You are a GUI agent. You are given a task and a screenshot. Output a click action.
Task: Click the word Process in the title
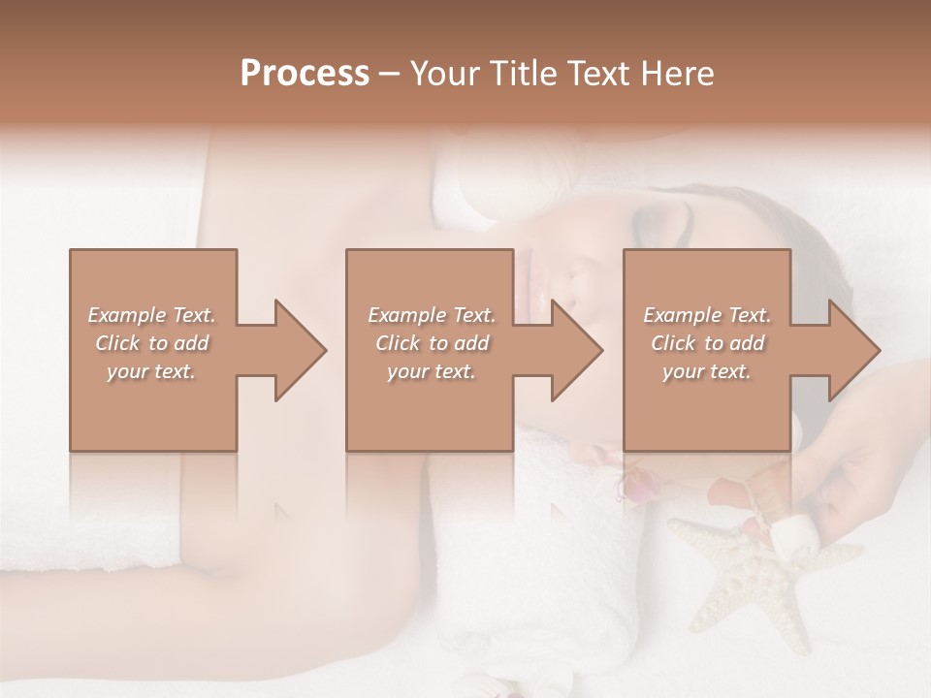pos(305,74)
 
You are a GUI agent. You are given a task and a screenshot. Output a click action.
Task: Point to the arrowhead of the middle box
pos(574,350)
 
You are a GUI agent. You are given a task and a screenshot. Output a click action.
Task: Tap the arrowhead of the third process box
pos(851,350)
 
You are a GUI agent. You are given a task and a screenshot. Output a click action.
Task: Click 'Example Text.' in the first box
pos(151,315)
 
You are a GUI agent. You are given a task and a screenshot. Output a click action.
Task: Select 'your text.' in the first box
pos(151,371)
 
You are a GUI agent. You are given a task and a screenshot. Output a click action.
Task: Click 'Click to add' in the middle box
pos(432,343)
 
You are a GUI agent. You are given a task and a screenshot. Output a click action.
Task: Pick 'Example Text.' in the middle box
pos(432,315)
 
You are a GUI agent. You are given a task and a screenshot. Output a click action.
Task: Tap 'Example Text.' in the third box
pos(707,315)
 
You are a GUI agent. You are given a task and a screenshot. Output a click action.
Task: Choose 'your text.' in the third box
pos(707,371)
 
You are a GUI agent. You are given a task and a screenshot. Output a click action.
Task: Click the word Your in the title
pos(445,74)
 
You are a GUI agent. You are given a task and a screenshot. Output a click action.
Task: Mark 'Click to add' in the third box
pos(707,343)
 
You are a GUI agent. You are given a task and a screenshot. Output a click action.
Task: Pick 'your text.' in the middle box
pos(432,371)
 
